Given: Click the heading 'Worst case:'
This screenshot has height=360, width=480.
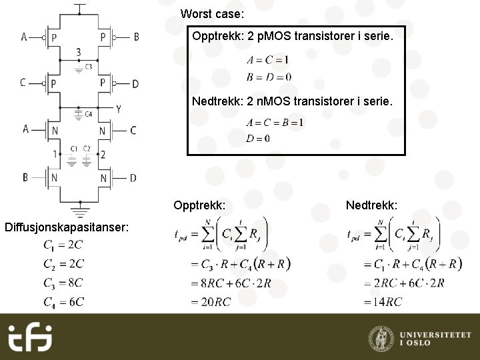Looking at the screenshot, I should (212, 14).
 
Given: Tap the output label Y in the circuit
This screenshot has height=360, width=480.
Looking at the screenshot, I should (118, 109).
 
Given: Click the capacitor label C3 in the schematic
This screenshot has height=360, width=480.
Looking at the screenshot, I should (89, 66).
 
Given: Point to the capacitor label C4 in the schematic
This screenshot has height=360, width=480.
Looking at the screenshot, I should (88, 113).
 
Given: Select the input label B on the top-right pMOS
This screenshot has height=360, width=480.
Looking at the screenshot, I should (136, 37).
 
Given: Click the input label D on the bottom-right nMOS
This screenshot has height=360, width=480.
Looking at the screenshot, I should (133, 177).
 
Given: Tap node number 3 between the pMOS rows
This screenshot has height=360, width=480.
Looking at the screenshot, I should (79, 51).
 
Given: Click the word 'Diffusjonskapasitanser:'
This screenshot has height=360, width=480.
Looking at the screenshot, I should (66, 227).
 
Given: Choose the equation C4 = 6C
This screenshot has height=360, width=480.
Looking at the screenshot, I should (63, 301).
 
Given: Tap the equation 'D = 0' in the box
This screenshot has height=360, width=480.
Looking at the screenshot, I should (258, 139).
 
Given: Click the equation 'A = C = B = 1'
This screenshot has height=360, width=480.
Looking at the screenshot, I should (274, 122).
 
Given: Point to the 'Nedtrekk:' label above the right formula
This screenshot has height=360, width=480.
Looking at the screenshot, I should (371, 205).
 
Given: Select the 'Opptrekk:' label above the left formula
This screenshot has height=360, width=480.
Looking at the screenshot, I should (199, 205).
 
